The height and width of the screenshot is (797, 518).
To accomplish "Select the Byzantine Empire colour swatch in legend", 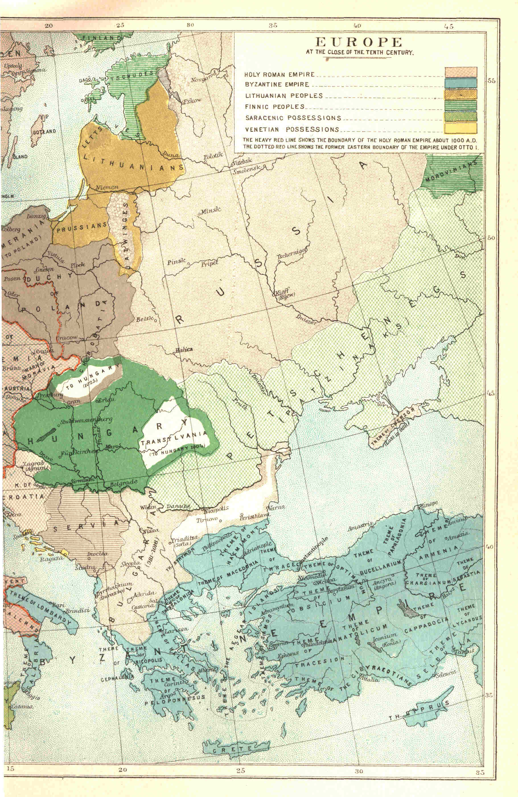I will (x=461, y=83).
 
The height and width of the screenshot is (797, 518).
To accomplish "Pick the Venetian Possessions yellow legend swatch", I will (x=461, y=128).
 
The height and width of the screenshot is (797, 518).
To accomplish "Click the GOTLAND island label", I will (x=44, y=132).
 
